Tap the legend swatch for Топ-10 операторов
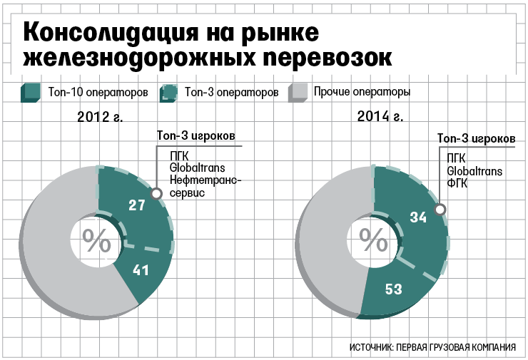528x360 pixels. click(x=30, y=93)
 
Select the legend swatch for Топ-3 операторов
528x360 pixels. click(x=169, y=93)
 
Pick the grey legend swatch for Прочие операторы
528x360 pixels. click(x=298, y=93)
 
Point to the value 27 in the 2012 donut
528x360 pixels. click(x=137, y=205)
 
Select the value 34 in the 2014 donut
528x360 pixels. click(x=417, y=218)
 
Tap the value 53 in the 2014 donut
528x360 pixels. click(x=394, y=289)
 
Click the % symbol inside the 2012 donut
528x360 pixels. click(x=96, y=241)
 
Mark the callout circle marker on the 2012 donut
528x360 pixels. click(x=156, y=192)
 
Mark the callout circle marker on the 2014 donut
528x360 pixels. click(x=440, y=210)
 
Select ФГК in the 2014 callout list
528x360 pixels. click(x=457, y=183)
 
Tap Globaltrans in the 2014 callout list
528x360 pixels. click(x=474, y=171)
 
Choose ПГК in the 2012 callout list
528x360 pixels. click(x=179, y=155)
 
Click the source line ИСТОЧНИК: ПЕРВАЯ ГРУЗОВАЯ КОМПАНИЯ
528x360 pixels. click(x=433, y=347)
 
